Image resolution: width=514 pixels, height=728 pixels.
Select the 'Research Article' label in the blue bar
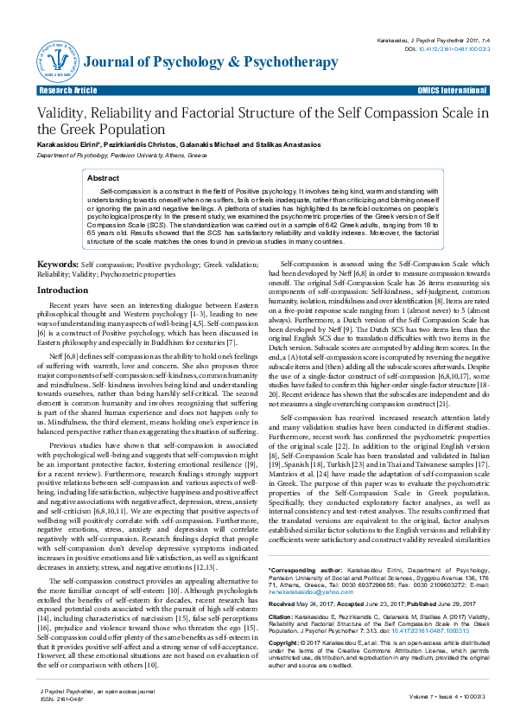point(66,90)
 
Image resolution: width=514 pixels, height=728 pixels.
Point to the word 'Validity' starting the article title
point(58,113)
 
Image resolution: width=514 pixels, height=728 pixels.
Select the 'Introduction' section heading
point(67,291)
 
